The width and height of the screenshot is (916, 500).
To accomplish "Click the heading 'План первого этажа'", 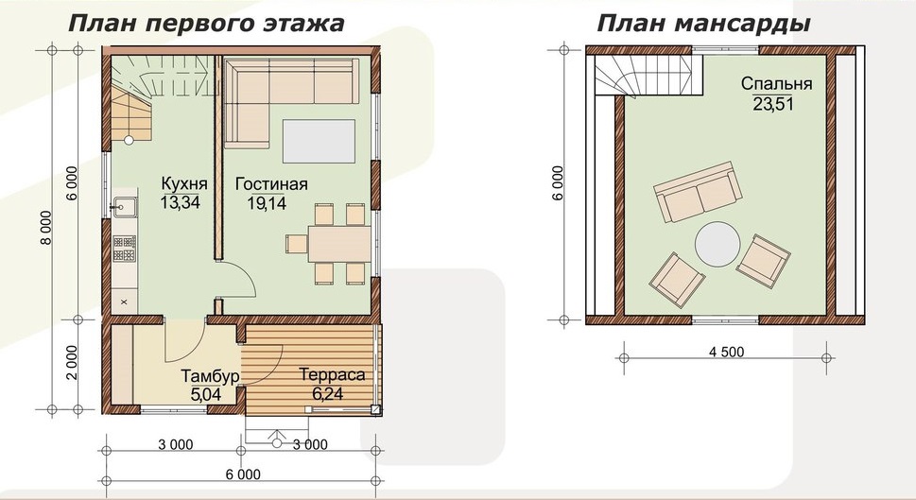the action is (207, 23).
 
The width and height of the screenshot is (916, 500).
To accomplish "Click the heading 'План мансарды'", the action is (702, 24).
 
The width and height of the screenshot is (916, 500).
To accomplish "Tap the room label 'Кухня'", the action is (184, 184).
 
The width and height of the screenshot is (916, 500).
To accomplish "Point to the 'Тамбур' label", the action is (210, 375).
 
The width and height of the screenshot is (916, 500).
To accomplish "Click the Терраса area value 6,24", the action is (328, 394).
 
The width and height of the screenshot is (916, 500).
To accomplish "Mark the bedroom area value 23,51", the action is (772, 104).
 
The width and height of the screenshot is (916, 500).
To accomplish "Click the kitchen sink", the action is (125, 207).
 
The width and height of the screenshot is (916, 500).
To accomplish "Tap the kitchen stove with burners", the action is (125, 249).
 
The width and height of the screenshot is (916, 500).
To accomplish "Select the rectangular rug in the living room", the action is (319, 141).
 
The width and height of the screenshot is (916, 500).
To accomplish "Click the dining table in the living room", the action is (339, 244).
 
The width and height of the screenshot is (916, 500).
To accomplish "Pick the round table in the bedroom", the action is (717, 244).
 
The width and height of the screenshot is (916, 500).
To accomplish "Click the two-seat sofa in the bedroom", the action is (698, 192).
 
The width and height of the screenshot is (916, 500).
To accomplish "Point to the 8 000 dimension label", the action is (46, 228).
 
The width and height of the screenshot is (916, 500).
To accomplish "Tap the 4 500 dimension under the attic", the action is (726, 352).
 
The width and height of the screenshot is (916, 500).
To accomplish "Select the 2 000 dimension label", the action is (71, 362).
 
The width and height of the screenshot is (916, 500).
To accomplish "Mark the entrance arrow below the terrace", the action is (277, 438).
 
